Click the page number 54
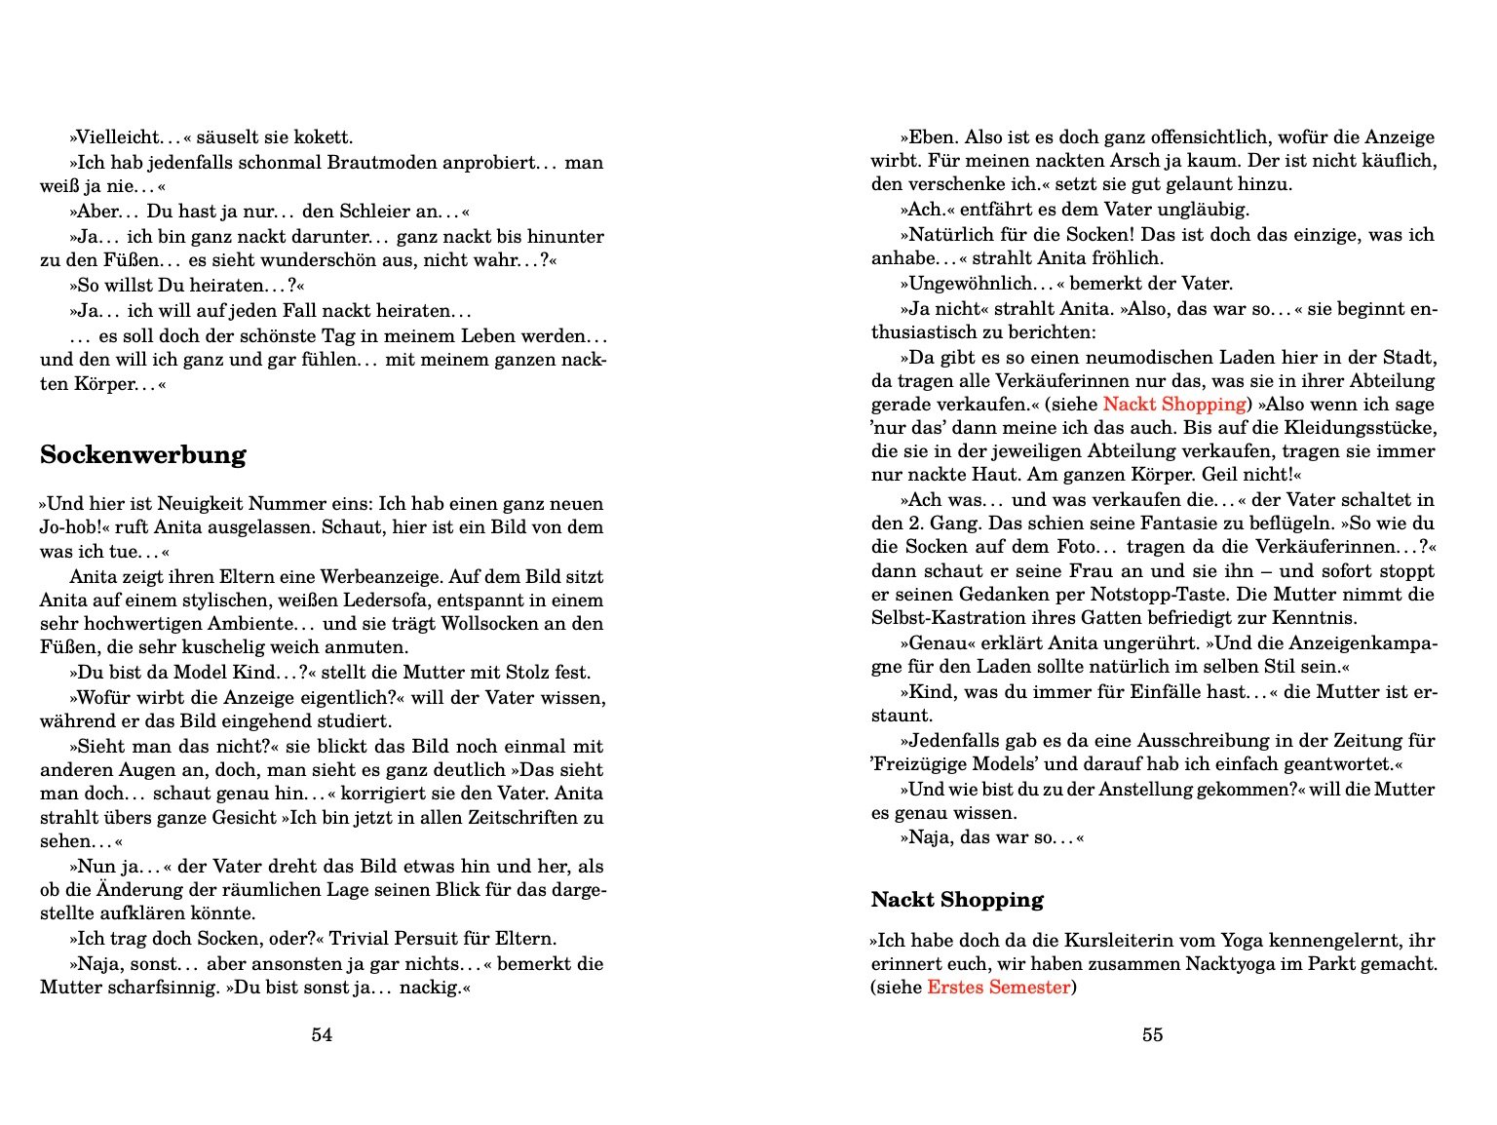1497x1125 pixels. [x=322, y=1035]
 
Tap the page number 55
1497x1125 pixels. [x=1152, y=1035]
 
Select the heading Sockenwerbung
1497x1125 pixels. [x=143, y=455]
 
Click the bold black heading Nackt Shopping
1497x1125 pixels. [x=957, y=900]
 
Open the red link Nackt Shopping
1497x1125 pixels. [x=1174, y=405]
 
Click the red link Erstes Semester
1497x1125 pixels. [x=999, y=988]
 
